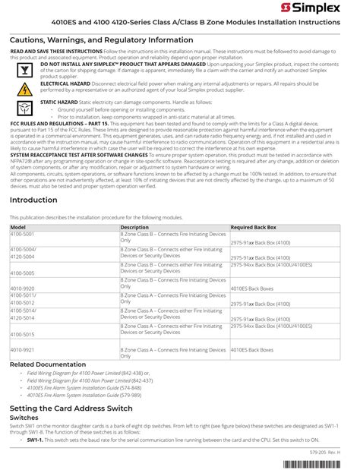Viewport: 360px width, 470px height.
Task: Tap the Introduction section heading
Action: coord(33,200)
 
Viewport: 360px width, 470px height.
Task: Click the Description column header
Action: coord(135,227)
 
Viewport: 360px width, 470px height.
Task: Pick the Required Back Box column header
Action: coord(254,227)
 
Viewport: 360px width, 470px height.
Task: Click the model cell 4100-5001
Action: coord(24,234)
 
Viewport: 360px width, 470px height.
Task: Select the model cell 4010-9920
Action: coord(24,289)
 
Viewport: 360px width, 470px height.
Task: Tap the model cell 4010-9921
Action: coord(24,350)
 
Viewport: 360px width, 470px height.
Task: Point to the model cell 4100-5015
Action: coord(24,334)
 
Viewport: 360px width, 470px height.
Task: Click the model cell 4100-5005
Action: coord(24,273)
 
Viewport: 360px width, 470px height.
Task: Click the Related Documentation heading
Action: coord(48,365)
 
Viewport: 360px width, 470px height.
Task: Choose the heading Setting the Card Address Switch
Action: coord(71,408)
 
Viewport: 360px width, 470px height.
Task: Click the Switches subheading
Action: coord(24,418)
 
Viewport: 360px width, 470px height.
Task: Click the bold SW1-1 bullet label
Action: coord(34,439)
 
